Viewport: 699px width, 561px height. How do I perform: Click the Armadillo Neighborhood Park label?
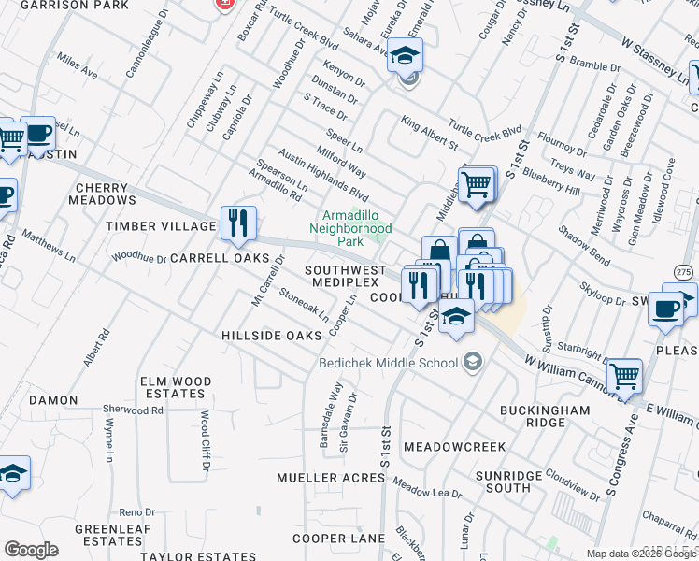pyautogui.click(x=350, y=227)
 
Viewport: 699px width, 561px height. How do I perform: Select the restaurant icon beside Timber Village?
pyautogui.click(x=238, y=223)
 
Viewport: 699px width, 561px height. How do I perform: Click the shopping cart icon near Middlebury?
pyautogui.click(x=477, y=184)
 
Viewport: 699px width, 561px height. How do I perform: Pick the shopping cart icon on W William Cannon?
pyautogui.click(x=623, y=377)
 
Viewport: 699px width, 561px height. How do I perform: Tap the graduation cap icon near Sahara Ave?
pyautogui.click(x=405, y=57)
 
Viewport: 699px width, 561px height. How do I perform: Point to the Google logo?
pyautogui.click(x=31, y=550)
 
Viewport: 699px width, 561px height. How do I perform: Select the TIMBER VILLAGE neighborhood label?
pyautogui.click(x=161, y=226)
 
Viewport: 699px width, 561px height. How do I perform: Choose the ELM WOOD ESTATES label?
pyautogui.click(x=178, y=388)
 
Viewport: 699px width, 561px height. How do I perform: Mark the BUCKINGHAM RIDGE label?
pyautogui.click(x=544, y=416)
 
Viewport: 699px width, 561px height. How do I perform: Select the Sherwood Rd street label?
pyautogui.click(x=133, y=410)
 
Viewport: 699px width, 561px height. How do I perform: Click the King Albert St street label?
pyautogui.click(x=429, y=133)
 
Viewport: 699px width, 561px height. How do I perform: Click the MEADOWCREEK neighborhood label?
pyautogui.click(x=454, y=447)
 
